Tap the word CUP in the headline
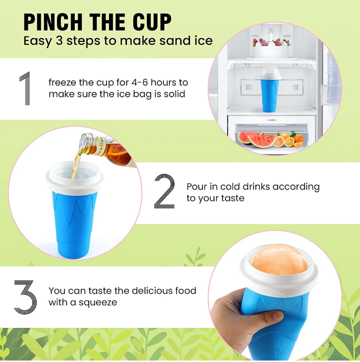(152, 22)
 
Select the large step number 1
(25, 88)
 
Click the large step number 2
(164, 191)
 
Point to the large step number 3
(25, 297)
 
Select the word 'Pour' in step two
(197, 187)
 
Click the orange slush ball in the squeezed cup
(279, 259)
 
